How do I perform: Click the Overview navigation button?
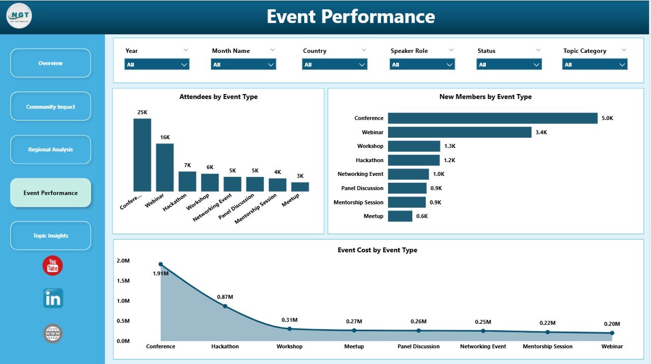tap(50, 63)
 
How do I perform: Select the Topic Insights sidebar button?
tap(50, 236)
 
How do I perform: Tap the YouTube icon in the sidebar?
tap(52, 265)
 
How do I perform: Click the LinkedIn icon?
tap(53, 298)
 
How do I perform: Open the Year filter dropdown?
tap(157, 65)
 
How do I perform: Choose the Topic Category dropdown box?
tap(595, 65)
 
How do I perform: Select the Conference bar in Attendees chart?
tap(142, 155)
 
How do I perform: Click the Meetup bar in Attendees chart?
tap(300, 187)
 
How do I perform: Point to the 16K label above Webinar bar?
tap(165, 137)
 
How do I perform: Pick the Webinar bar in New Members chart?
tap(459, 132)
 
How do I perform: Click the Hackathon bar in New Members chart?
tap(413, 160)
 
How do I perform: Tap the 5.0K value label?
tap(607, 118)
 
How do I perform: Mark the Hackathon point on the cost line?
tap(225, 306)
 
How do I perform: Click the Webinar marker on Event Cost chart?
tap(612, 333)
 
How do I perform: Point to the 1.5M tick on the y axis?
tap(123, 281)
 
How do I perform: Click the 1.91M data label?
tap(161, 274)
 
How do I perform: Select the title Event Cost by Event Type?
tap(377, 250)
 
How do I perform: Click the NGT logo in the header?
tap(19, 16)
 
